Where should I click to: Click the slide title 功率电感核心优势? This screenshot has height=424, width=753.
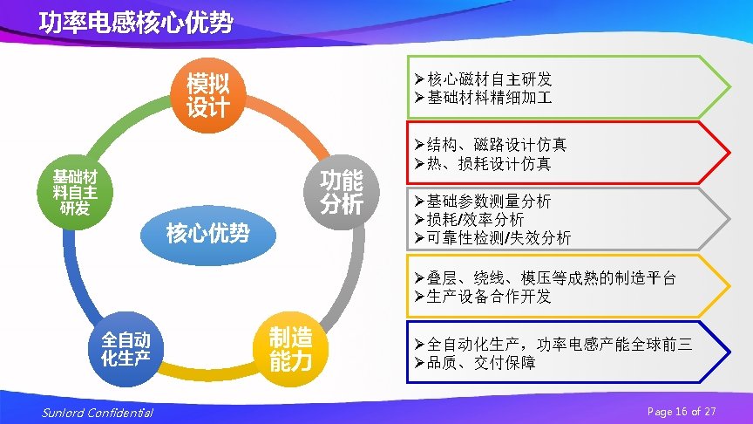pyautogui.click(x=136, y=22)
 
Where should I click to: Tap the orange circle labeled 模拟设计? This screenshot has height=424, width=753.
pyautogui.click(x=207, y=94)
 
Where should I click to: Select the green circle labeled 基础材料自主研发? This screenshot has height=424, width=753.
pyautogui.click(x=75, y=192)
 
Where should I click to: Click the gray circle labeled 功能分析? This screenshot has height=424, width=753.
pyautogui.click(x=341, y=193)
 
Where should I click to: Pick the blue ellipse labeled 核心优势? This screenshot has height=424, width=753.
pyautogui.click(x=207, y=233)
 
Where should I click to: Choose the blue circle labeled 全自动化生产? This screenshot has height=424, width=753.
pyautogui.click(x=125, y=348)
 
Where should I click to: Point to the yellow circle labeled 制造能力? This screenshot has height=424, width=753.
pyautogui.click(x=290, y=349)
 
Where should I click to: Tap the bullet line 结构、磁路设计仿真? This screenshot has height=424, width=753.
pyautogui.click(x=491, y=144)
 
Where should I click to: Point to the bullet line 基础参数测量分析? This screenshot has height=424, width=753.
pyautogui.click(x=483, y=201)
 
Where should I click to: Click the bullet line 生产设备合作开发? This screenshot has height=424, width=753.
pyautogui.click(x=483, y=297)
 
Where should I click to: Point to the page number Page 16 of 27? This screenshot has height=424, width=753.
pyautogui.click(x=682, y=411)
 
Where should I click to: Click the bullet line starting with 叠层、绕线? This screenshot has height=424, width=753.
pyautogui.click(x=546, y=278)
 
